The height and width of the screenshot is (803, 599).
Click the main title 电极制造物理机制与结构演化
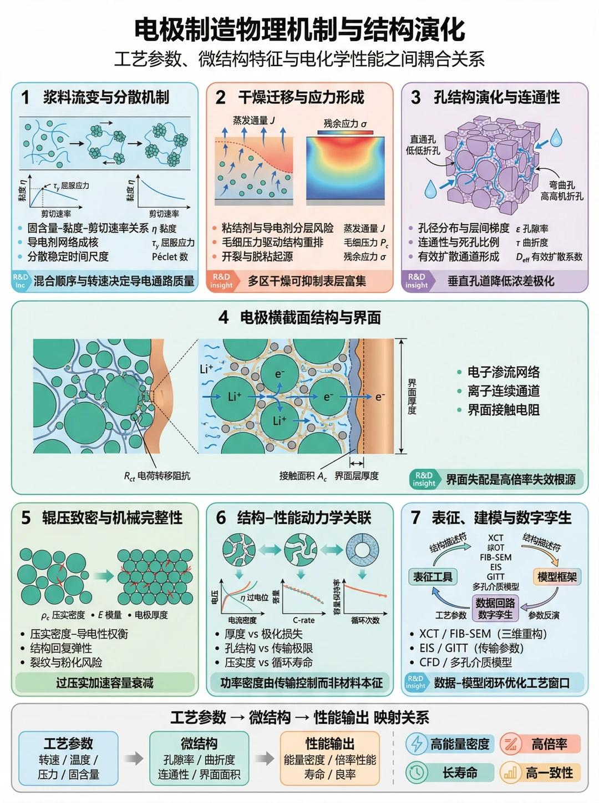(x=299, y=29)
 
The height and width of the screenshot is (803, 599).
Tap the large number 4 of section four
(x=223, y=317)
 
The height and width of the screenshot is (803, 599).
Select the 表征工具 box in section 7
(x=433, y=576)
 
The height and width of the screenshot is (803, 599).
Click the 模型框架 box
(x=557, y=576)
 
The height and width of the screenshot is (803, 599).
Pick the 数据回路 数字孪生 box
(x=495, y=608)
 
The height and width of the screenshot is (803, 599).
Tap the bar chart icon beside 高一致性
(x=510, y=772)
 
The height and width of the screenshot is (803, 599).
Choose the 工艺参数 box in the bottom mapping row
(x=69, y=758)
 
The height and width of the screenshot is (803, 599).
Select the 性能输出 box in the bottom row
(x=330, y=758)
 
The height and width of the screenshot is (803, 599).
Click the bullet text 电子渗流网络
(x=503, y=372)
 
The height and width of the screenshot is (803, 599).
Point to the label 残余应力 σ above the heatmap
(x=345, y=123)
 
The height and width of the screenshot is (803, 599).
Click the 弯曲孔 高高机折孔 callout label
(x=561, y=190)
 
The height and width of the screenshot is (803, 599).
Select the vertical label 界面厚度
(x=412, y=397)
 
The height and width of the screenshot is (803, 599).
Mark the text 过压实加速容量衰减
(x=105, y=682)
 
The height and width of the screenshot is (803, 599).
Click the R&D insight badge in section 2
(x=222, y=280)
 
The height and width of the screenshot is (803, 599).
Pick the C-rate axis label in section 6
(x=303, y=620)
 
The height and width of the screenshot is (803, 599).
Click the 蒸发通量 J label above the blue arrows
(x=254, y=120)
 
